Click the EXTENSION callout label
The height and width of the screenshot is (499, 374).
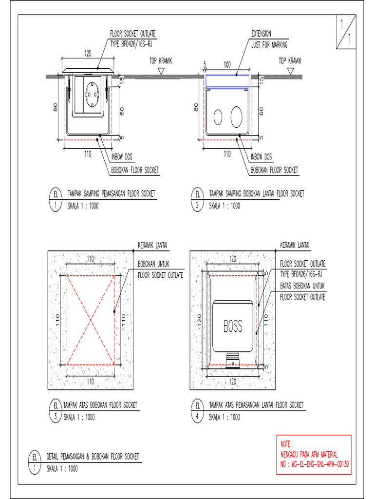point(262,34)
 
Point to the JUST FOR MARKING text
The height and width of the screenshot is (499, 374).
point(270,44)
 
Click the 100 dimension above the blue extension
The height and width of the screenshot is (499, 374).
point(227,64)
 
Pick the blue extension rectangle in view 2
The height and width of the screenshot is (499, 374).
point(227,81)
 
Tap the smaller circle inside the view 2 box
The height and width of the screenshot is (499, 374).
point(218,115)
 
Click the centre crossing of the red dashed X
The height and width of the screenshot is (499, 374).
point(91,320)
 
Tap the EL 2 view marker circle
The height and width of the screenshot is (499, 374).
point(198,199)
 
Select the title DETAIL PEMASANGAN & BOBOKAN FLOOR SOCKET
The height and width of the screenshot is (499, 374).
point(93,457)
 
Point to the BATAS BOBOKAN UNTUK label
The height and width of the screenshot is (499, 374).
point(302,286)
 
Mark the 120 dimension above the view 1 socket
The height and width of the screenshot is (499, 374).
point(88,54)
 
